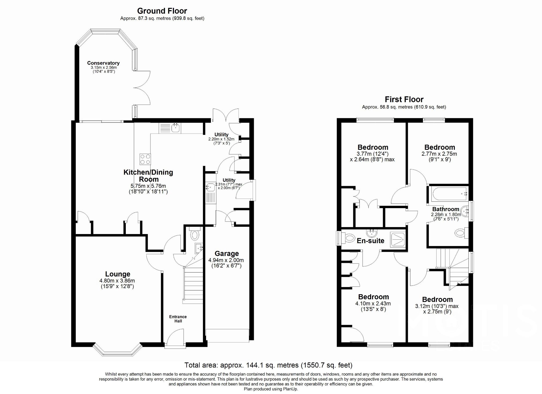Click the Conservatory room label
click(103, 63)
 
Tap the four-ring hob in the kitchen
click(145, 159)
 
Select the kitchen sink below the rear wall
click(176, 128)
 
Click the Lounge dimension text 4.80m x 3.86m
click(117, 281)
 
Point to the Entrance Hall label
click(178, 319)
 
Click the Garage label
click(227, 253)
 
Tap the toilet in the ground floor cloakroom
click(195, 235)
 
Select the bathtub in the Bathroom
click(449, 194)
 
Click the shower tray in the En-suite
click(398, 239)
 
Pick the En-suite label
click(370, 241)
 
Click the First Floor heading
click(404, 100)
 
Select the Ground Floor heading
click(162, 11)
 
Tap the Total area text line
click(268, 365)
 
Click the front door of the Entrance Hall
click(175, 339)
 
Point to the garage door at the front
click(228, 336)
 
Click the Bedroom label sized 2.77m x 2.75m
click(439, 147)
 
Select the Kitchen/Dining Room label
click(148, 176)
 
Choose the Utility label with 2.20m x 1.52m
click(221, 135)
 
